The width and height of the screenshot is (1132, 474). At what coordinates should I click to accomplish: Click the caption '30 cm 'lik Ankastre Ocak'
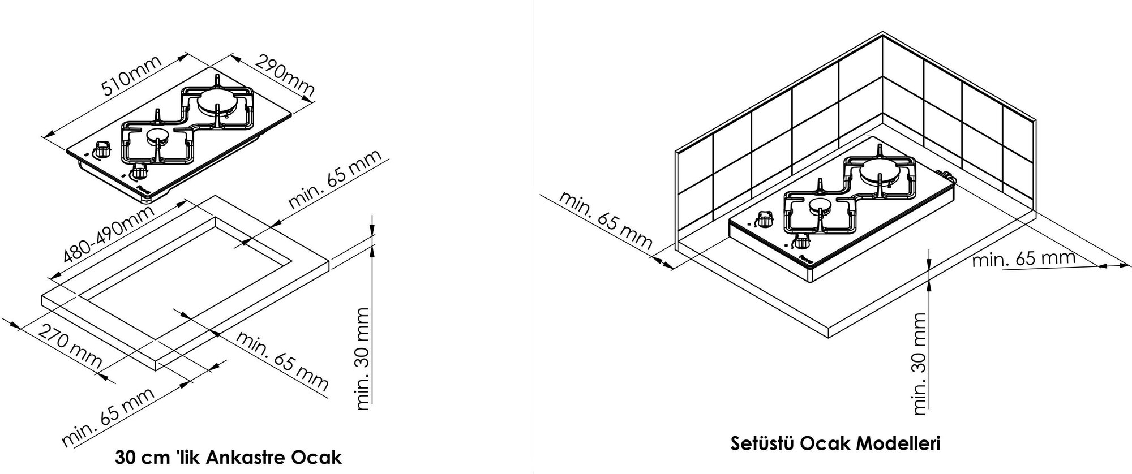(x=228, y=456)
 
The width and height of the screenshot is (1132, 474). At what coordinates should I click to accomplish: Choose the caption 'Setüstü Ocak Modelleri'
(x=835, y=443)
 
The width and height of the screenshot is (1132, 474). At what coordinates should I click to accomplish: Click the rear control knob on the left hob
(x=102, y=150)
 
